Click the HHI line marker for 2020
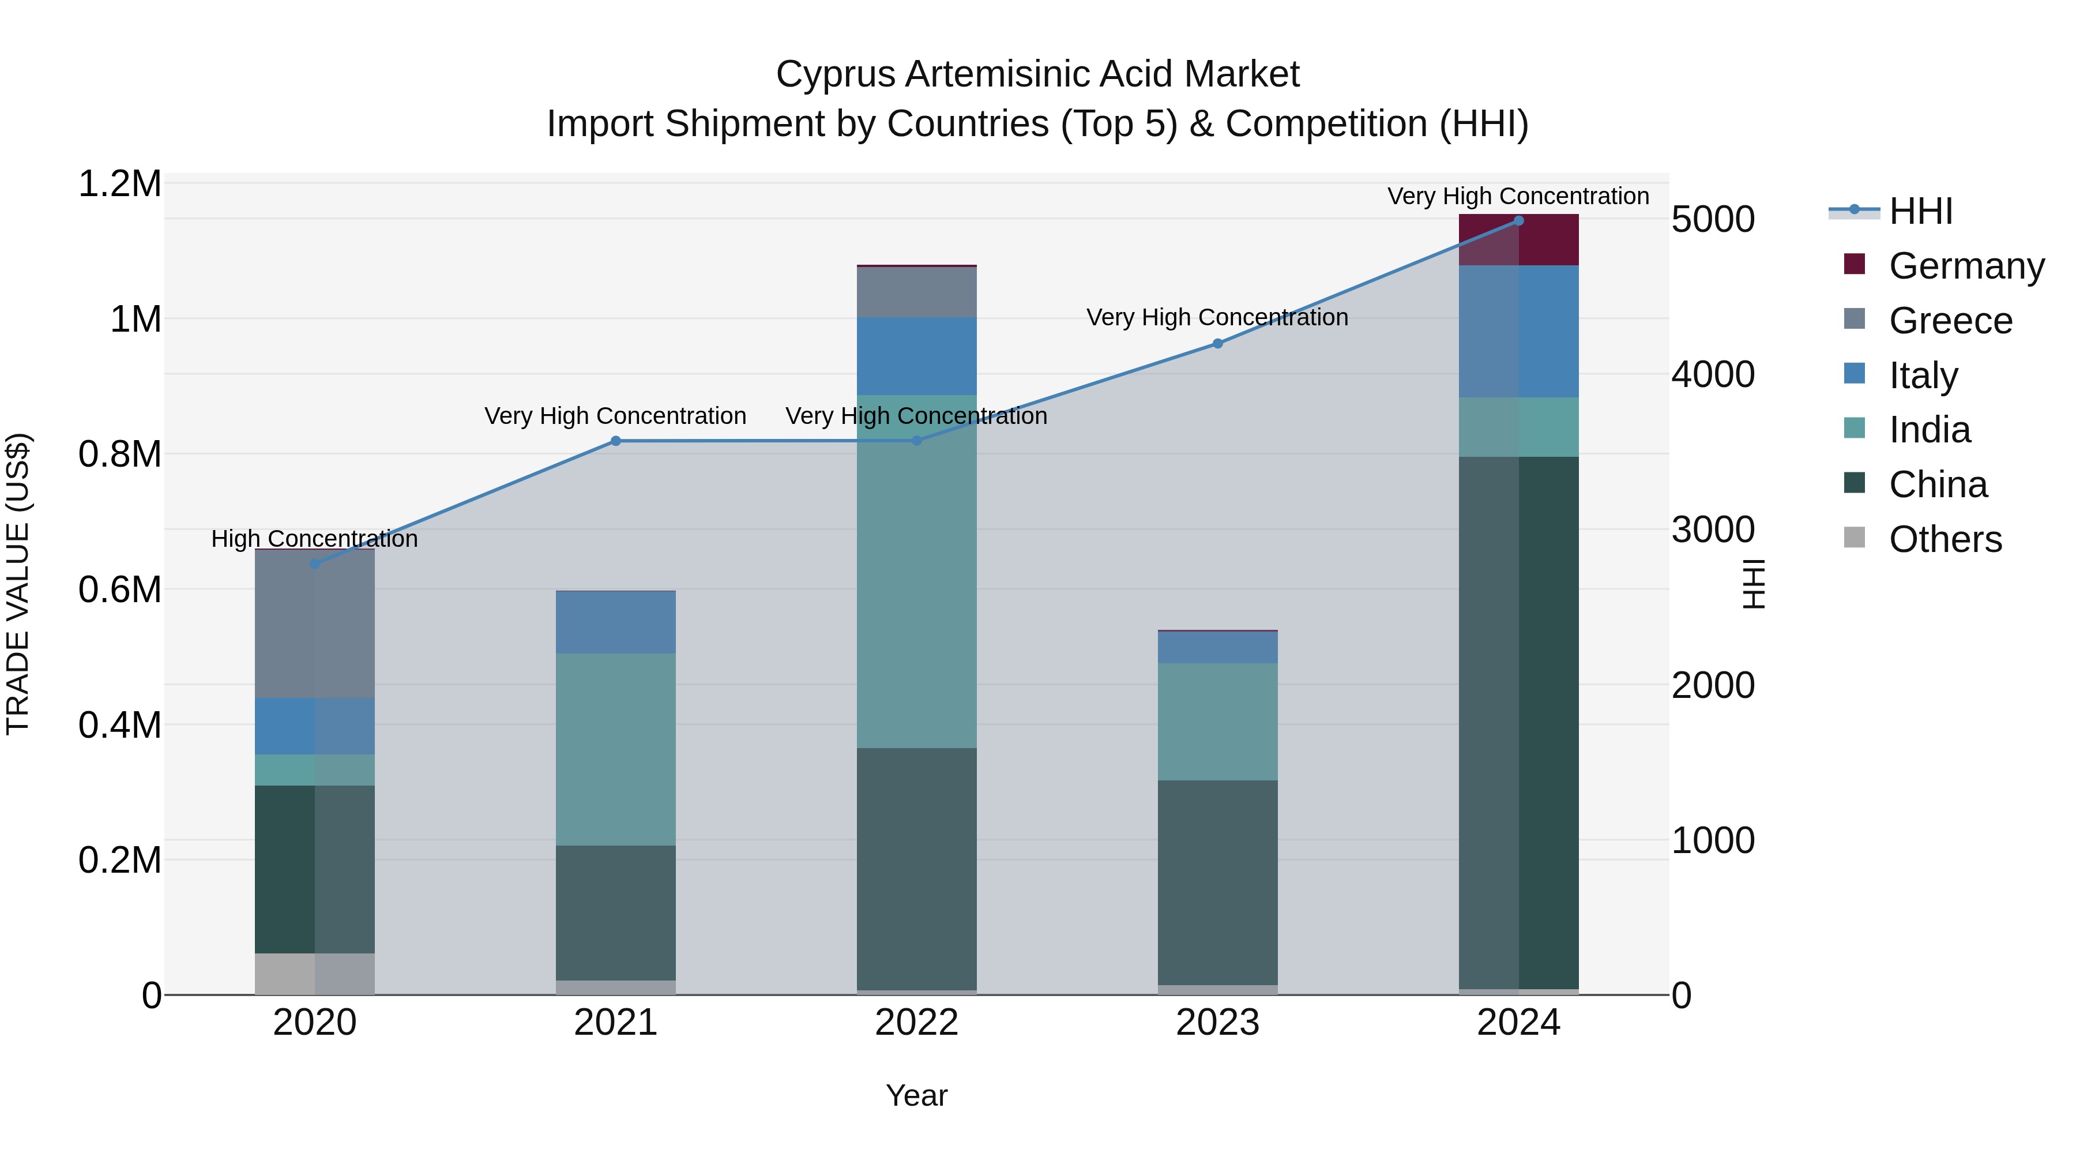pos(314,564)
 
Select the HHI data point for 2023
pos(1218,343)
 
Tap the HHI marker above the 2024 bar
pos(1518,220)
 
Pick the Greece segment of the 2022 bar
pos(916,292)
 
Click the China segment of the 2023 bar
pos(1218,882)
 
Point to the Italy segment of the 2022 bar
pos(916,355)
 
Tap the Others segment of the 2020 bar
pos(314,974)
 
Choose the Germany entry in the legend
pos(1966,266)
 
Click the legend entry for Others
pos(1945,539)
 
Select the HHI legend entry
pos(1920,211)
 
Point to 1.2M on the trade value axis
pos(119,184)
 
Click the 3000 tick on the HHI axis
pos(1713,529)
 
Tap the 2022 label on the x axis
pos(916,1023)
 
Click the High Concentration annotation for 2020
pos(314,539)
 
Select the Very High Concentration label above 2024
pos(1518,196)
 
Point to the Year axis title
pos(916,1095)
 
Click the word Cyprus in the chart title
pos(835,74)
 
